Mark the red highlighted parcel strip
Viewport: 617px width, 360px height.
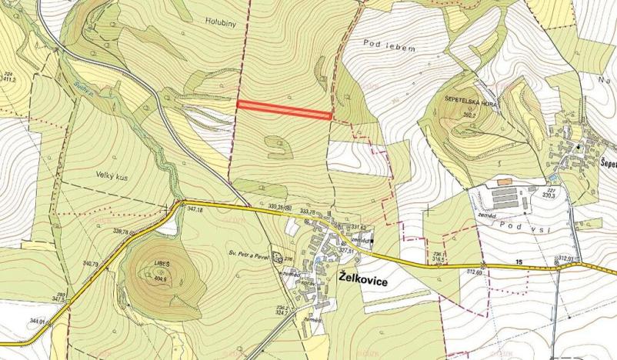pyautogui.click(x=284, y=110)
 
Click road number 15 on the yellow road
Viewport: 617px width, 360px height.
pyautogui.click(x=519, y=263)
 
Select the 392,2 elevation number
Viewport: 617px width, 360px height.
pyautogui.click(x=471, y=114)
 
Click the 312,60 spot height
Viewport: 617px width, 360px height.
pyautogui.click(x=474, y=271)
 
